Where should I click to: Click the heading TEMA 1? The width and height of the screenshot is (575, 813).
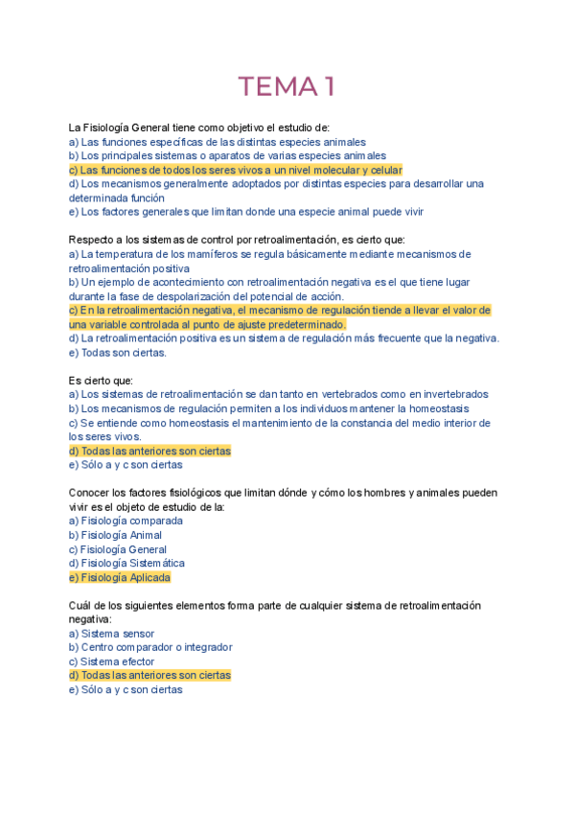(x=287, y=87)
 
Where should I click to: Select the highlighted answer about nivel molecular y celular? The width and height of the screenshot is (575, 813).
(x=235, y=170)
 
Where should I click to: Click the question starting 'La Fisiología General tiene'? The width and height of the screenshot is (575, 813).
(x=198, y=128)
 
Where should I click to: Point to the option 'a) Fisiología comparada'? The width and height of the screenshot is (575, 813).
(x=126, y=521)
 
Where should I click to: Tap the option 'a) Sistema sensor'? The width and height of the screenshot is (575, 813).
(x=111, y=634)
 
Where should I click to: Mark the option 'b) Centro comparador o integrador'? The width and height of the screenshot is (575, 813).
(x=150, y=647)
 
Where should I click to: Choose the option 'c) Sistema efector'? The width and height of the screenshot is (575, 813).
(x=113, y=662)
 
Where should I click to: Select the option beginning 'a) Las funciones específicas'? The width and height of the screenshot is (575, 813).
(x=211, y=142)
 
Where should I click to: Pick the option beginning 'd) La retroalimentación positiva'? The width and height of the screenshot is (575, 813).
(x=284, y=337)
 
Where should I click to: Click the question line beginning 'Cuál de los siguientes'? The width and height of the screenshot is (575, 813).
(x=274, y=606)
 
